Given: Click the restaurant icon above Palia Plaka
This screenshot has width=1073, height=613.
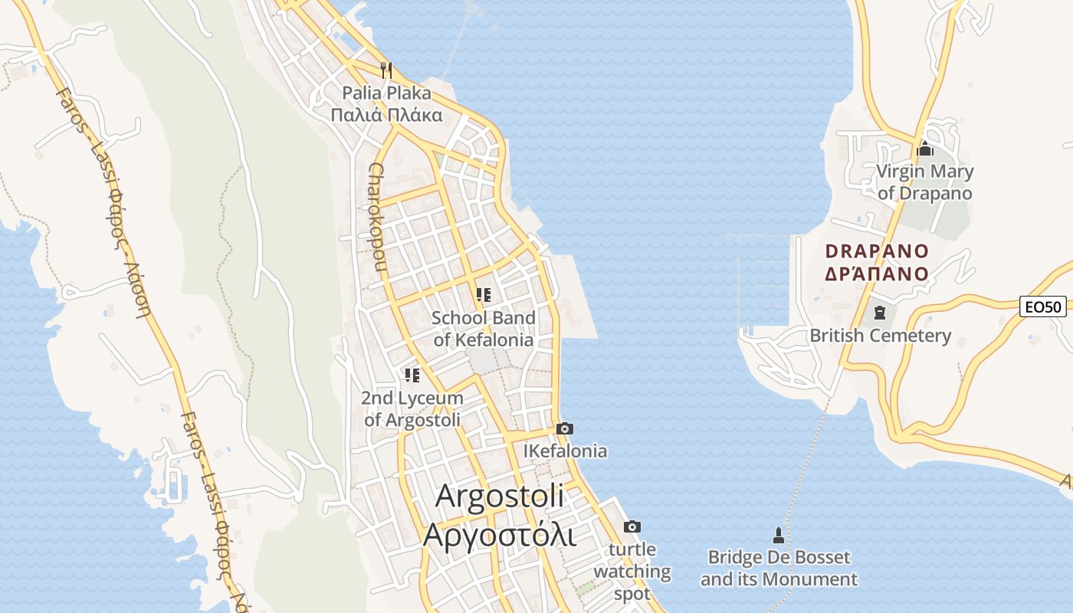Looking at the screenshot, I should (x=386, y=70).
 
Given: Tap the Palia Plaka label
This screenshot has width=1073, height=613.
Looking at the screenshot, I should (x=386, y=104).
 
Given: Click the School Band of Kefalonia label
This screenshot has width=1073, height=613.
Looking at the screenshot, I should (x=483, y=329).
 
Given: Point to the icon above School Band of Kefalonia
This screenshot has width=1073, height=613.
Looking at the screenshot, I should (x=483, y=294).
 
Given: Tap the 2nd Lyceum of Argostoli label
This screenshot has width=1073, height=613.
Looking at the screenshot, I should (x=412, y=409).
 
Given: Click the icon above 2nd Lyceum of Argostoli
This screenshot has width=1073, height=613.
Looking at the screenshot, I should (x=412, y=375).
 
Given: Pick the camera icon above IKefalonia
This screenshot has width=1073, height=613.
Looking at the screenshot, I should (x=565, y=428).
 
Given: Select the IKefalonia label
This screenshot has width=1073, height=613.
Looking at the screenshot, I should (x=565, y=451).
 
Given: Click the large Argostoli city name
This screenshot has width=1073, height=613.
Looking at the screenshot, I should (x=500, y=515).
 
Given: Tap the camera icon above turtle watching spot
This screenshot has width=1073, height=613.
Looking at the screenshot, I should (x=632, y=526).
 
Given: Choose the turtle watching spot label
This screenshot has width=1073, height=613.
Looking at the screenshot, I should (x=632, y=571).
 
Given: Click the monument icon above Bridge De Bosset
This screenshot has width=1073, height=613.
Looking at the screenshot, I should (x=779, y=535).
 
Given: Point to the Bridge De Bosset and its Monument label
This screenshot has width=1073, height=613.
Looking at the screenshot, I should (x=779, y=568).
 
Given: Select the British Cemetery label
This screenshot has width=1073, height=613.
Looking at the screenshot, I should (x=880, y=336).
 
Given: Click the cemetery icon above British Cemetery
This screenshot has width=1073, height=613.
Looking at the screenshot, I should (x=879, y=313).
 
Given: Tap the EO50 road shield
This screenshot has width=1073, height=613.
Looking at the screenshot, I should (x=1044, y=307).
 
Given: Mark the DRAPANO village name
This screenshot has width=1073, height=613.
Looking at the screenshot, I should (x=877, y=262).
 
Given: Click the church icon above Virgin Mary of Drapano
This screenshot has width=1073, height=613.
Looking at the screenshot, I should (x=925, y=149).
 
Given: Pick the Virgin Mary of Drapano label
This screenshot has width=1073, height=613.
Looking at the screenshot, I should (x=925, y=182).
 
